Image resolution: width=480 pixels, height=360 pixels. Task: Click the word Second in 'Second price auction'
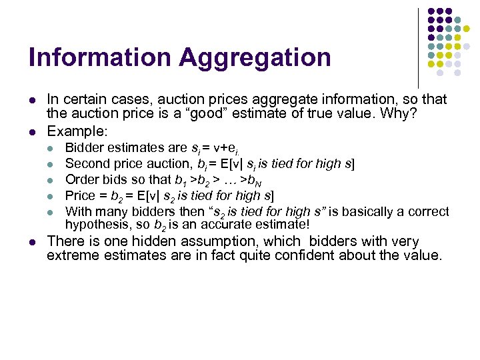tap(87, 163)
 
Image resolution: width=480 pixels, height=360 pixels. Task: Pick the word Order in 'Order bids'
tap(82, 179)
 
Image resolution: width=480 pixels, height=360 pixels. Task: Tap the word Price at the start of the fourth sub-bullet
tap(80, 195)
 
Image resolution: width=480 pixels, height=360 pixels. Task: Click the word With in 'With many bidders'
tap(79, 211)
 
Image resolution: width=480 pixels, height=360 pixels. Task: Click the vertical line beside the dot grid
tap(418, 47)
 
